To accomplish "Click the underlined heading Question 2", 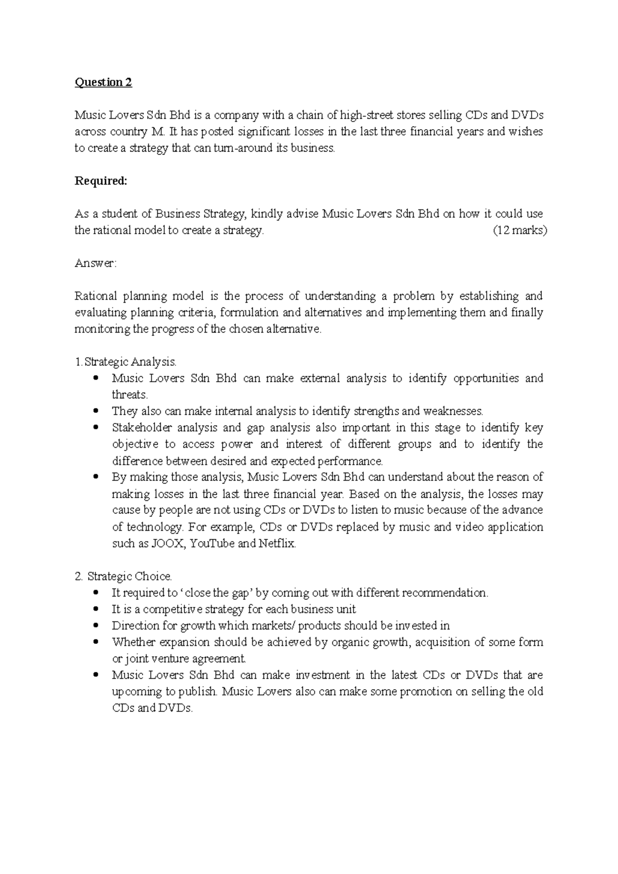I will (103, 82).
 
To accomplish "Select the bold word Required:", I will (100, 181).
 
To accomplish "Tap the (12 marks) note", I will (520, 231).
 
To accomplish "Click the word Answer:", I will (96, 264).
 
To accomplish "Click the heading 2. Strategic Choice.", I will (124, 576).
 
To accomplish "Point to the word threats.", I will (130, 395).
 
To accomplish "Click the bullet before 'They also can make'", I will (96, 411).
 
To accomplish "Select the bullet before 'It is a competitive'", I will (96, 609).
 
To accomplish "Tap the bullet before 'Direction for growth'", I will (96, 626).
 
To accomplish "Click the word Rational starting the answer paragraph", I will (95, 296).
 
